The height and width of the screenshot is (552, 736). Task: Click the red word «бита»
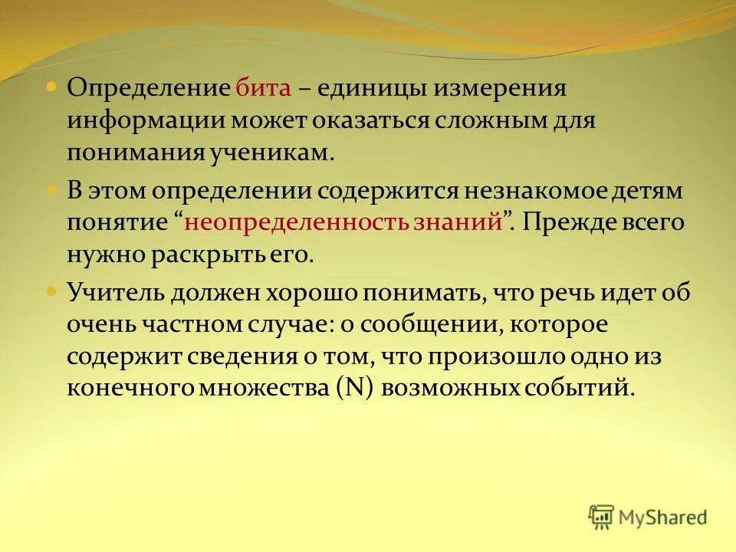263,88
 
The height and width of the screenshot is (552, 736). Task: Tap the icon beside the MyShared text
601,517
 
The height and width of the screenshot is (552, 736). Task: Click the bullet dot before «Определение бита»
51,88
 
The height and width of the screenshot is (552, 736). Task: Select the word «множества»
268,388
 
